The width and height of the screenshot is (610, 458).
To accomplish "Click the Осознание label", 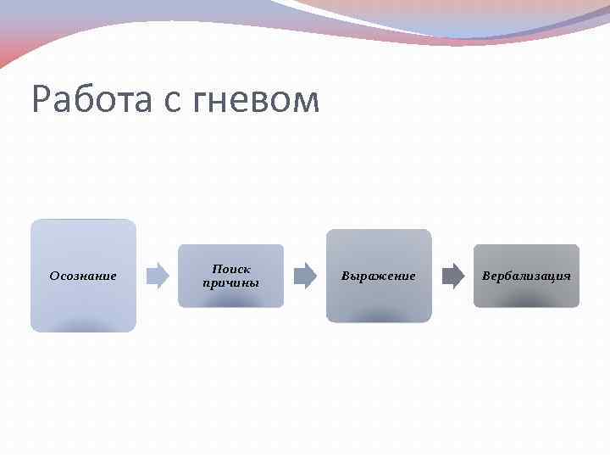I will pyautogui.click(x=83, y=276).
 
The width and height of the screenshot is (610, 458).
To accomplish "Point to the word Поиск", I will pyautogui.click(x=231, y=269).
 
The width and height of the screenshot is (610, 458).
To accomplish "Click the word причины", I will pyautogui.click(x=231, y=282).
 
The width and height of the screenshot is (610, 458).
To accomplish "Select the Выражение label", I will pyautogui.click(x=379, y=276).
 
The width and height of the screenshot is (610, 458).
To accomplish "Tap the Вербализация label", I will pyautogui.click(x=526, y=276).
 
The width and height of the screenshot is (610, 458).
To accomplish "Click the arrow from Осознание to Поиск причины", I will pyautogui.click(x=158, y=276).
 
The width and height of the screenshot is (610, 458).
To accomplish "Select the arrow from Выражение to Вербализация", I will pyautogui.click(x=453, y=276).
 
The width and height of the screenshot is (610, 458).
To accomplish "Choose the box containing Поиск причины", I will pyautogui.click(x=231, y=297).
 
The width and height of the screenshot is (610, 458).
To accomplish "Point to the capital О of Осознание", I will pyautogui.click(x=54, y=276).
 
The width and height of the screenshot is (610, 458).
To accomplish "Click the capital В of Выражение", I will pyautogui.click(x=346, y=276).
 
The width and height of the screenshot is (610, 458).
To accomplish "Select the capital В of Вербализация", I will pyautogui.click(x=486, y=276).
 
